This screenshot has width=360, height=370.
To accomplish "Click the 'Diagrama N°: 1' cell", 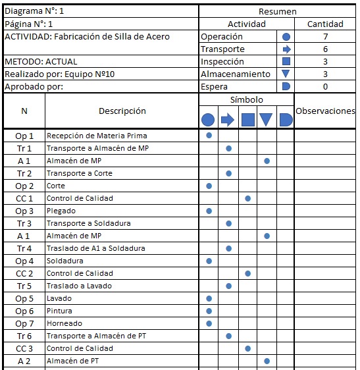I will (36, 11).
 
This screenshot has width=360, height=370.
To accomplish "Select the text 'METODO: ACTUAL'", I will (41, 61).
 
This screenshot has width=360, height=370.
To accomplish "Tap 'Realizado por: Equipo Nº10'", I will (60, 74).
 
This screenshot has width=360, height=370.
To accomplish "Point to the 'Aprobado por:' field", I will (32, 86).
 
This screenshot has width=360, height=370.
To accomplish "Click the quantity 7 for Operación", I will (325, 37).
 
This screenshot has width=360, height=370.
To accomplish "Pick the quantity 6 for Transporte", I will (325, 49).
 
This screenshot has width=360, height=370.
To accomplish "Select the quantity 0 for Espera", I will (325, 86).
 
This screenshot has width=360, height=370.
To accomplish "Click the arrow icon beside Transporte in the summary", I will (286, 49).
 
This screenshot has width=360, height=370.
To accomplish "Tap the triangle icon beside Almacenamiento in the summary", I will (286, 74).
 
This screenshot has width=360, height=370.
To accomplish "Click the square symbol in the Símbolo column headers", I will (247, 120).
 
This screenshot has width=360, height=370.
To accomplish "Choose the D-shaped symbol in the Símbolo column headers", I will (286, 120).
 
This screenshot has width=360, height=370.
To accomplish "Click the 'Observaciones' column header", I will (325, 111).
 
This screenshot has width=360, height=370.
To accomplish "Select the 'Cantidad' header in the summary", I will (325, 24).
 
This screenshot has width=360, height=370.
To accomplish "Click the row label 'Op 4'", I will (24, 261).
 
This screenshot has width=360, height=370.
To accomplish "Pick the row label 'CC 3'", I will (24, 348).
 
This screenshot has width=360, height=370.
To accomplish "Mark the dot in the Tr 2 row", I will (228, 173).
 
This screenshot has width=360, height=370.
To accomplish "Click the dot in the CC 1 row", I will (247, 198).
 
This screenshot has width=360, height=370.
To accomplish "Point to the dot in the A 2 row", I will (267, 361).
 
